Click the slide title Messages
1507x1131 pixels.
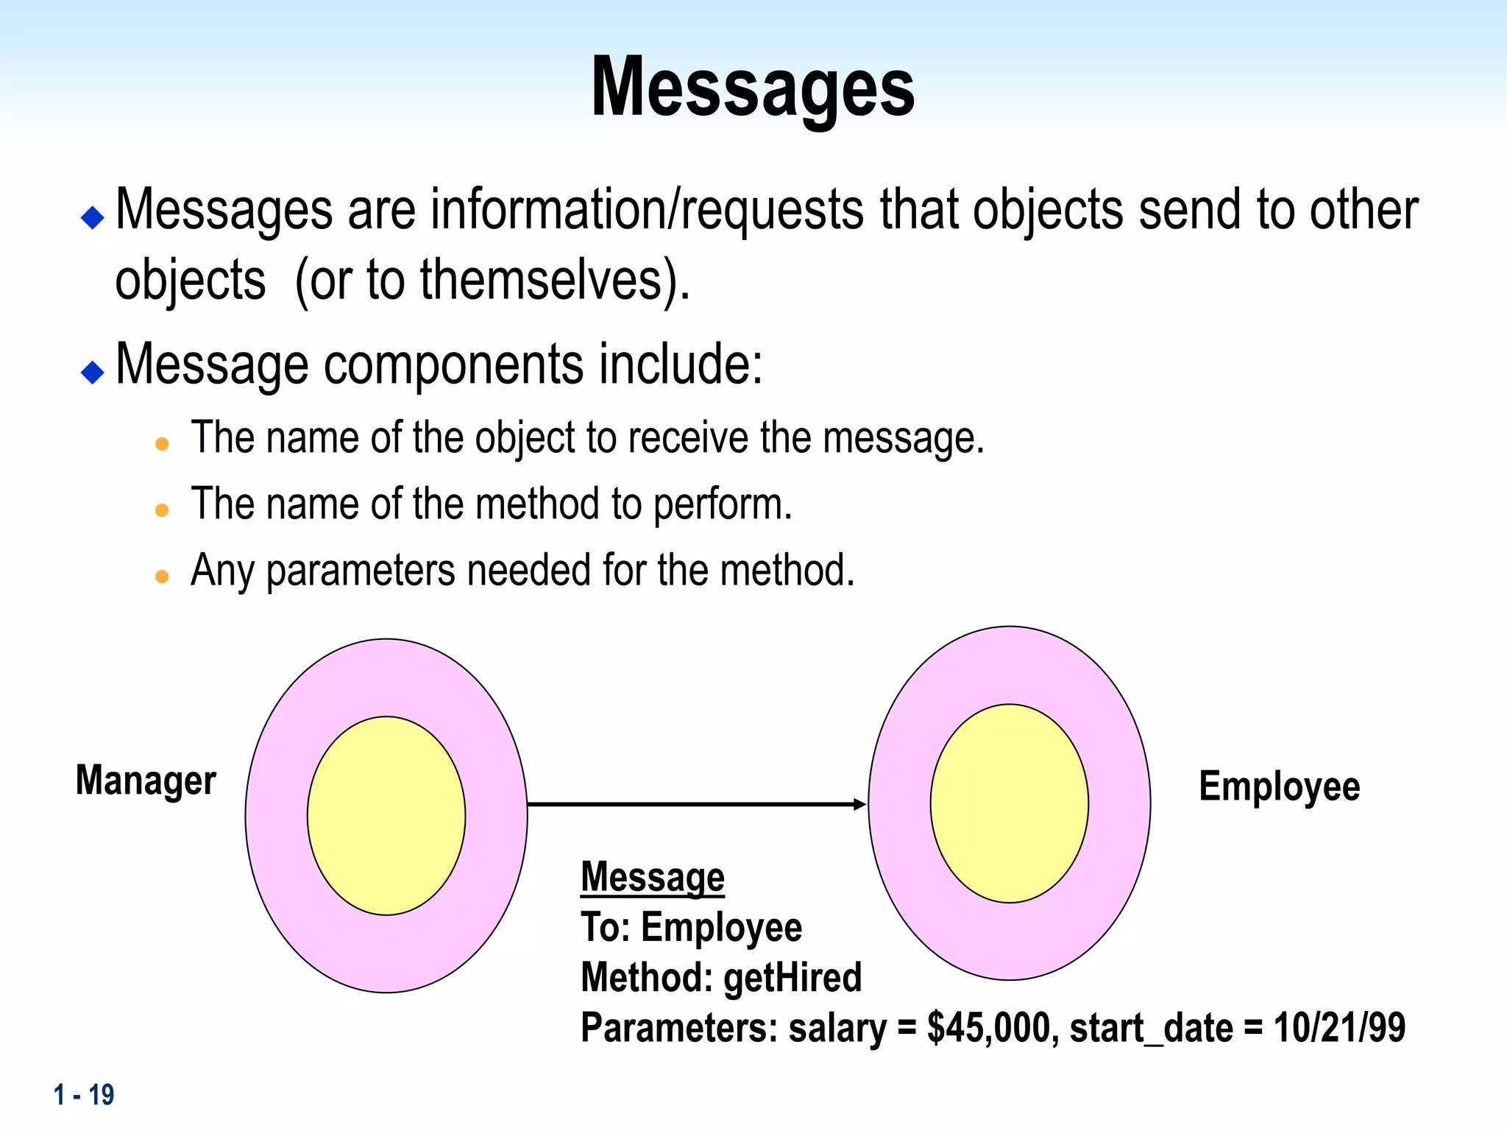752,88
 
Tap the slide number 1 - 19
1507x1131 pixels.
84,1095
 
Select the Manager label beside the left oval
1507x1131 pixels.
146,781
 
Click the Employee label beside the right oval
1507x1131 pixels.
1279,786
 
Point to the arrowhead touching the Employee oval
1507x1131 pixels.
859,804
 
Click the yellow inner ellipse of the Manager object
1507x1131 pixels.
386,816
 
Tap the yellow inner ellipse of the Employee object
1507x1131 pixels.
1009,803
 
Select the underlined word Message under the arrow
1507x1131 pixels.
653,878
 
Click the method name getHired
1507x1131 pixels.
792,978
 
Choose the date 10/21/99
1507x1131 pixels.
1338,1028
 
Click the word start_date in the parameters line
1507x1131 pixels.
1151,1028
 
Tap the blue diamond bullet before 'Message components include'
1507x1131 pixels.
93,372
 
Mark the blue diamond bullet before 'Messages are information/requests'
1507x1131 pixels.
93,217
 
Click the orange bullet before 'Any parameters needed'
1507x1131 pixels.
163,576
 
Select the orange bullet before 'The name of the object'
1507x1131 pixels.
163,443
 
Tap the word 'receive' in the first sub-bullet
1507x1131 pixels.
688,439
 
